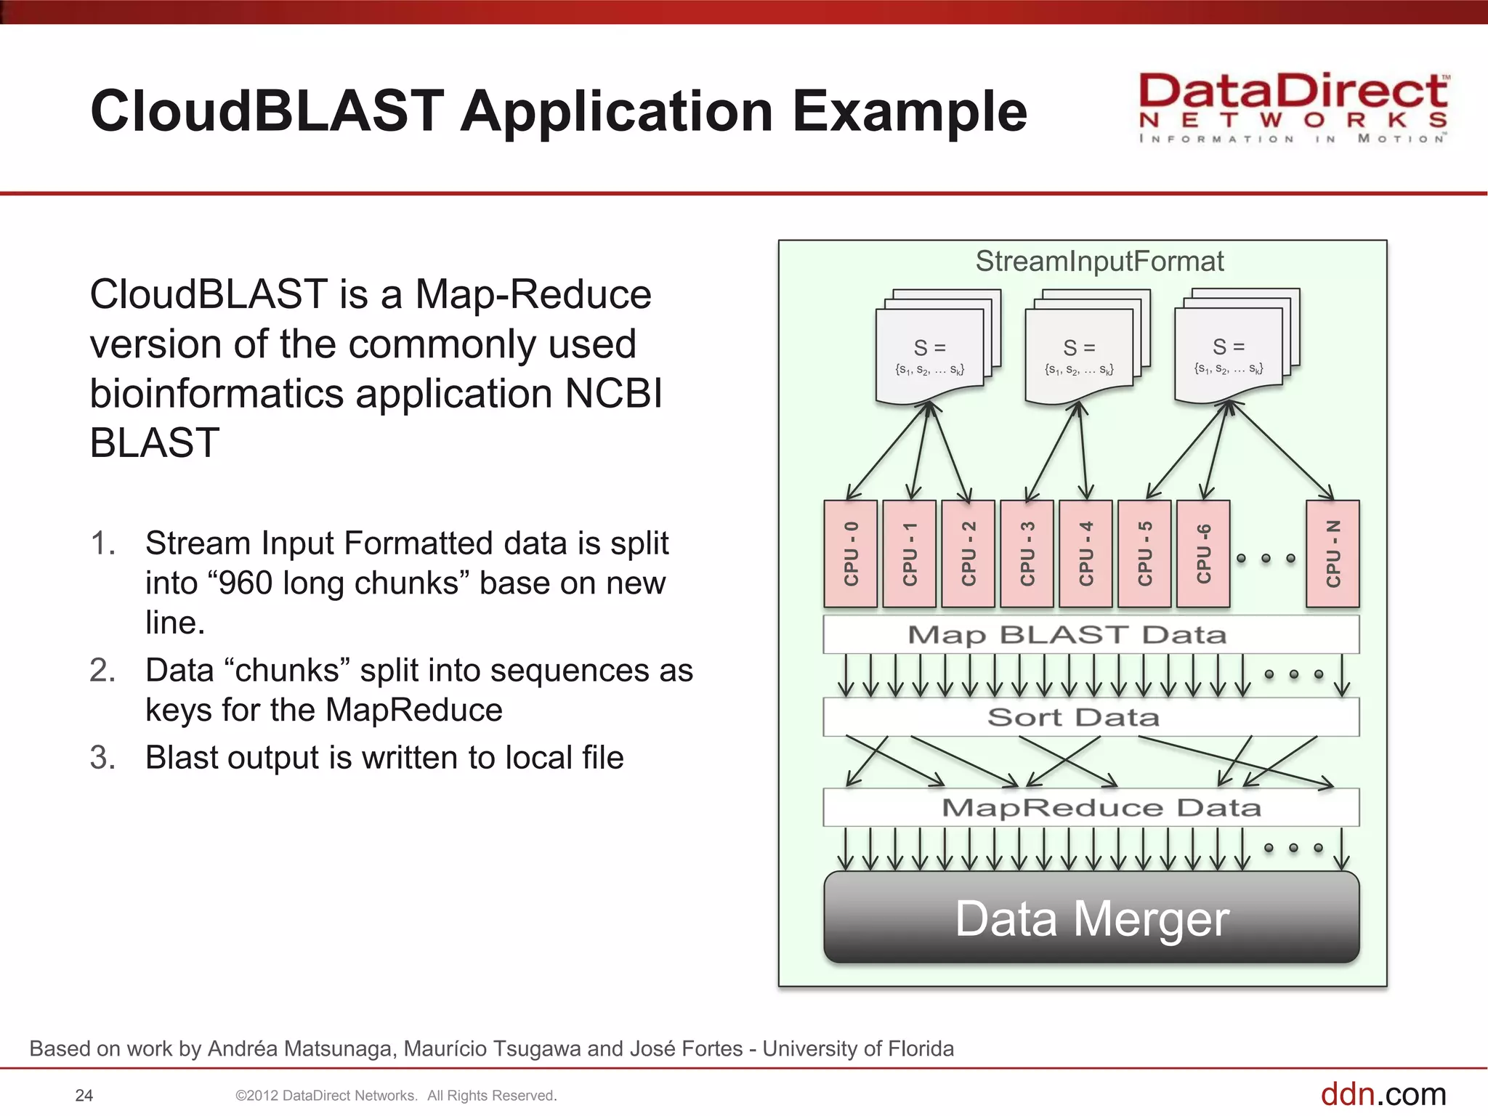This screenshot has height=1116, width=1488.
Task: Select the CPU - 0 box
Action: (x=850, y=554)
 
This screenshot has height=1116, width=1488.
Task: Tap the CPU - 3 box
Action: (x=1027, y=554)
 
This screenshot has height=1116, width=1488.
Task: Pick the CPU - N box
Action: (x=1333, y=554)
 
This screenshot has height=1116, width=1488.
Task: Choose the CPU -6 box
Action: (x=1203, y=554)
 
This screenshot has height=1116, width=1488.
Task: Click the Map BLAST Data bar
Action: (x=1091, y=635)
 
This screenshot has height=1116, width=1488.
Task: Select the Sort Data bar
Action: (x=1091, y=717)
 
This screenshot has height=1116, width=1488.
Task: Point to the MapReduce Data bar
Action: (x=1091, y=807)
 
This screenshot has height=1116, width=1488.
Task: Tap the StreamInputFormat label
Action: (x=1099, y=261)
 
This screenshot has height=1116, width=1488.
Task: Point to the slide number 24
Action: (x=84, y=1096)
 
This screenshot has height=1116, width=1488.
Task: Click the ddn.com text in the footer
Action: (x=1383, y=1093)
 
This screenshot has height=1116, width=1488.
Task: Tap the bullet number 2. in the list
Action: (x=102, y=670)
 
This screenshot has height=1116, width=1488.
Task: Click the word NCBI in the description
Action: (x=613, y=394)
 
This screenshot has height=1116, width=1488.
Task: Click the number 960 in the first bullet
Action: (x=246, y=583)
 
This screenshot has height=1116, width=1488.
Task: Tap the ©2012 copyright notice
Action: (x=396, y=1096)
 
